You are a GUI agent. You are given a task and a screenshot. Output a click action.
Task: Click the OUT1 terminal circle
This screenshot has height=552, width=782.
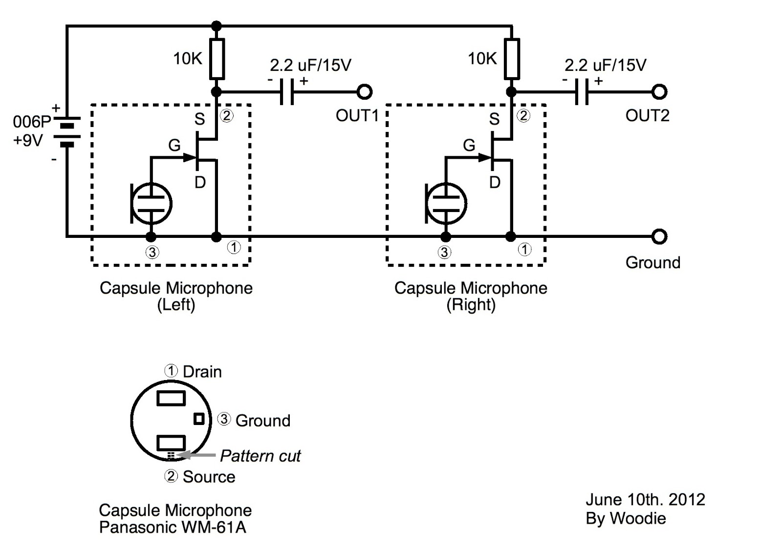tap(364, 91)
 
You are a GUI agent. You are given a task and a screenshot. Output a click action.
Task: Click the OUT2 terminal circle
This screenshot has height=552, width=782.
tap(659, 91)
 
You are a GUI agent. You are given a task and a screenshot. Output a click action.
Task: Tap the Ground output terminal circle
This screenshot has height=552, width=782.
tap(659, 236)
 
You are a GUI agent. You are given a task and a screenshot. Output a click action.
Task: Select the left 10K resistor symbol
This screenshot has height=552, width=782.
tap(217, 59)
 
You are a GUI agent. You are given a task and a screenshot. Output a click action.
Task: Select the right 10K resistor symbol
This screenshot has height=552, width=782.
tap(512, 59)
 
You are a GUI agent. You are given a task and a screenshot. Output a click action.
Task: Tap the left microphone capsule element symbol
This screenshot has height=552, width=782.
tap(152, 203)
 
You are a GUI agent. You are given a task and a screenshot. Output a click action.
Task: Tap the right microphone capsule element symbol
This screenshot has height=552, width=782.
tap(446, 203)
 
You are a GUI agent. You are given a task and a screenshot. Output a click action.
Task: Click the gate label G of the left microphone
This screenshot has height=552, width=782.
tap(174, 145)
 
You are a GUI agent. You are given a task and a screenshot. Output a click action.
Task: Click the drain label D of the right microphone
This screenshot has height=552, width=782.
tap(495, 183)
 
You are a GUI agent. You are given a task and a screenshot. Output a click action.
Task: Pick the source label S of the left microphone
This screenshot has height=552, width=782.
tap(199, 119)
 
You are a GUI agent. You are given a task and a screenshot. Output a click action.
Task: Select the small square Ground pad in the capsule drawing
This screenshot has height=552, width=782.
tap(199, 419)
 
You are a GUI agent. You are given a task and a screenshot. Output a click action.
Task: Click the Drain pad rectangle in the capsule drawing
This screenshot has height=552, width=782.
tap(171, 398)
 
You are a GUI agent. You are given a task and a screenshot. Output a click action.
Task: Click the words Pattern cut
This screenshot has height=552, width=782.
tap(260, 456)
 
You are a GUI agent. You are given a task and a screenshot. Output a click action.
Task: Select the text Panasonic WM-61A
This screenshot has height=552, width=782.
tap(172, 528)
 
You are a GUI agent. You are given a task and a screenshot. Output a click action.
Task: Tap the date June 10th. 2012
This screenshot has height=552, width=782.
tap(645, 499)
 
